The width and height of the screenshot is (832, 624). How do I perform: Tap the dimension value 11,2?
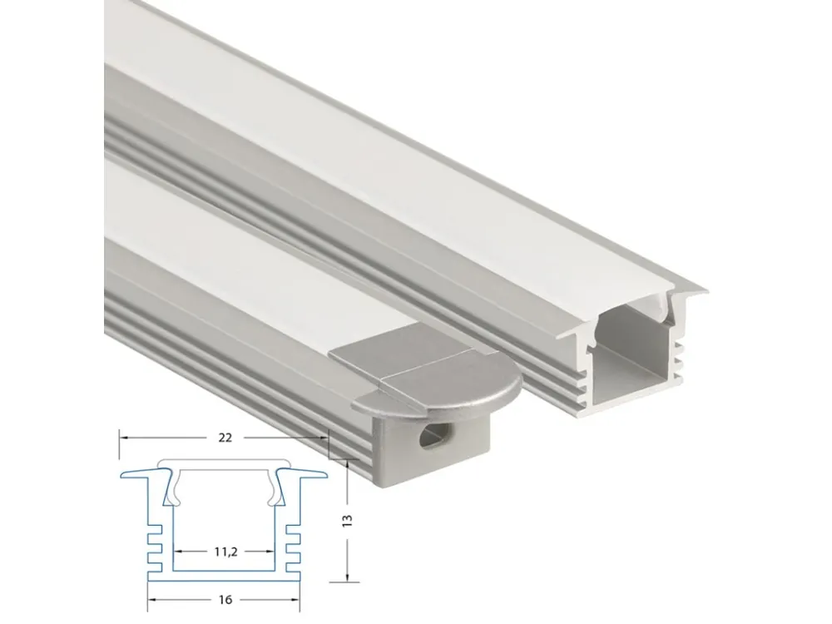(225, 552)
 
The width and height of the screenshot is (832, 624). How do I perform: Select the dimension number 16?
(225, 600)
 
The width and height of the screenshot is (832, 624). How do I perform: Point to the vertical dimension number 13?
(348, 520)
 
